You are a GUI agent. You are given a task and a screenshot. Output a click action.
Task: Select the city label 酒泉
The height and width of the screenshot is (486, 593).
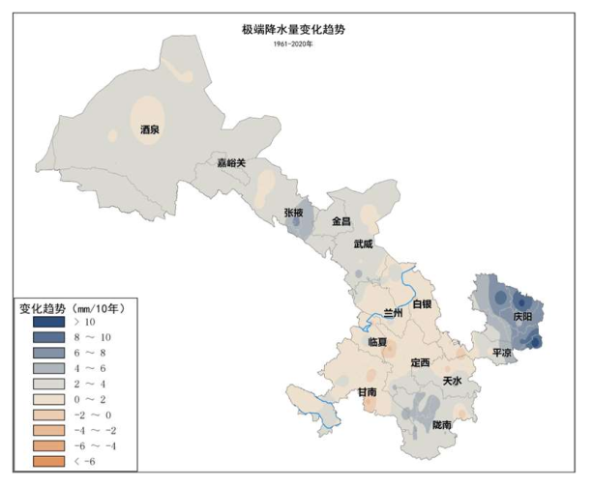150,129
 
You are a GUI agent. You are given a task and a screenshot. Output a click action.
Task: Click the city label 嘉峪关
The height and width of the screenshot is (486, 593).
231,162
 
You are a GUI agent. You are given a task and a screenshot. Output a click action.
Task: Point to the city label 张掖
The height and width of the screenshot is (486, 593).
294,212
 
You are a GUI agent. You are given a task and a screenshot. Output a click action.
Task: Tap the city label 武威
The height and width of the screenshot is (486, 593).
365,244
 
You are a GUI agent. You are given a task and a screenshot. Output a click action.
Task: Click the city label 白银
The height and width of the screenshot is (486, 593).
423,304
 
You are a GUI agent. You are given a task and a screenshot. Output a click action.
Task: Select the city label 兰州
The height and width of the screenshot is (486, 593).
395,313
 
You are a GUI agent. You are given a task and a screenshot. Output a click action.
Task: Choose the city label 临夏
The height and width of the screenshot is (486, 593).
378,342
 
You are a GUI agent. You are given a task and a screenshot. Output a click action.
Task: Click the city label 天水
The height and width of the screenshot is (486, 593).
452,381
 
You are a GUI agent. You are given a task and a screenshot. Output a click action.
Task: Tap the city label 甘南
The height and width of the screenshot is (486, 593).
367,392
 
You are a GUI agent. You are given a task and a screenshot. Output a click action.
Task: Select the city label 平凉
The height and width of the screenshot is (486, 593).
502,354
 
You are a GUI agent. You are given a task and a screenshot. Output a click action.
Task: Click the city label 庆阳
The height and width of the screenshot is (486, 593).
523,316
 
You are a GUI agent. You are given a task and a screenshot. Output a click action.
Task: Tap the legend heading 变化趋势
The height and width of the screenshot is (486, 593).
43,306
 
